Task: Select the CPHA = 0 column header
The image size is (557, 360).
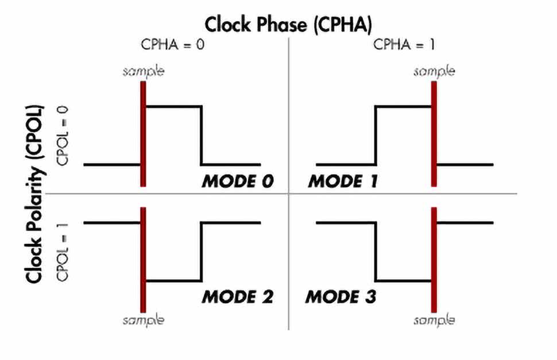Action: pos(173,44)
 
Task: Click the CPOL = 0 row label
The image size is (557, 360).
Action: pos(63,136)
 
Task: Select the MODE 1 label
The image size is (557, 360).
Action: pos(343,181)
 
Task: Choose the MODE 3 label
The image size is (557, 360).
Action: pos(341,297)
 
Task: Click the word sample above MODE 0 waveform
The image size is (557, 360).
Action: pos(144,72)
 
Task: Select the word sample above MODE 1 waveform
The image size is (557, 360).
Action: pos(434,72)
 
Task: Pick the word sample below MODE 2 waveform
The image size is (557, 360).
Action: pos(144,320)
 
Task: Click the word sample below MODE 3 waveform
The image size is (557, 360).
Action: pos(434,320)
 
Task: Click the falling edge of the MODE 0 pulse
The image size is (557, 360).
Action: pos(202,135)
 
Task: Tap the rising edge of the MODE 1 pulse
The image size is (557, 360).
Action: pos(376,135)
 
